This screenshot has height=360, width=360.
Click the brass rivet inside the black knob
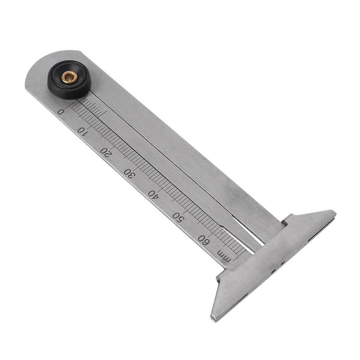pos(69,78)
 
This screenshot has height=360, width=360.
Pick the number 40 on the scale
pos(153,194)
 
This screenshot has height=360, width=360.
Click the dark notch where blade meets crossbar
pos(284,222)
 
